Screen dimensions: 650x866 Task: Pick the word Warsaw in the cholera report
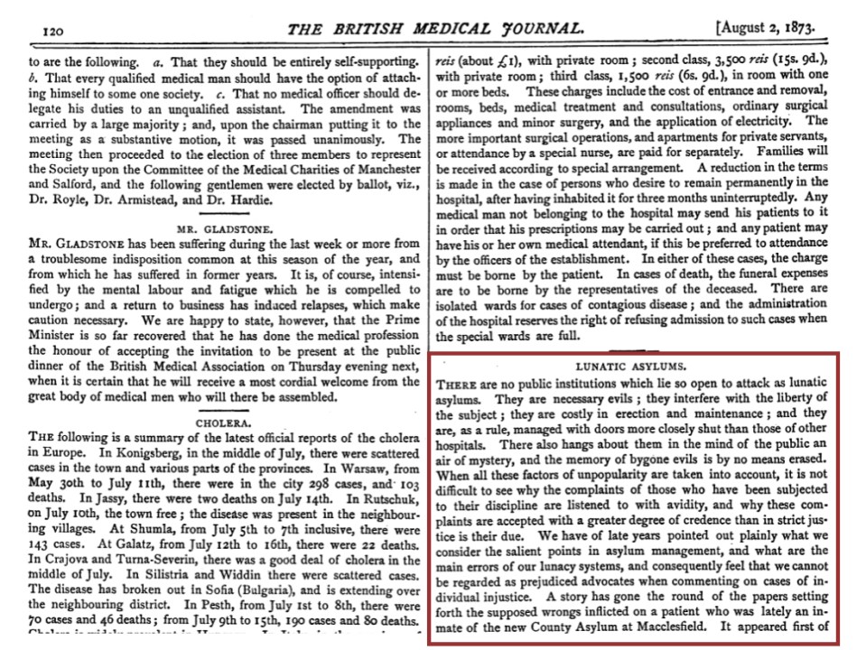pos(341,469)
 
